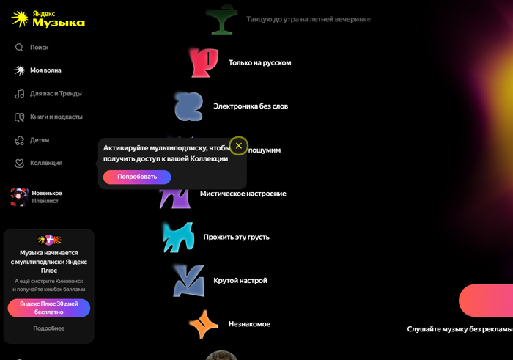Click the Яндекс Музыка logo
coord(48,18)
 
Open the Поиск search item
coord(32,48)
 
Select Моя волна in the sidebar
coord(38,70)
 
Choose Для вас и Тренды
coord(48,94)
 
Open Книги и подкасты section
coord(48,117)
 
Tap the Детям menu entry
coord(32,140)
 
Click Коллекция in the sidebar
coord(38,163)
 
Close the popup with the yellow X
coord(238,146)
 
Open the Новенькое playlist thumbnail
coord(19,197)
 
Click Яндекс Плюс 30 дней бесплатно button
coord(49,308)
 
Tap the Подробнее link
coord(49,328)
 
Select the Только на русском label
coord(259,63)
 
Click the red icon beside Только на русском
coord(204,63)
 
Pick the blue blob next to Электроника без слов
coord(188,106)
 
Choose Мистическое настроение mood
coord(243,194)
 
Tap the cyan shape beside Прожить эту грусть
coord(177,237)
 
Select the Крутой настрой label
coord(240,281)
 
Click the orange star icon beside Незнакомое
coord(204,324)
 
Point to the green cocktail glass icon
coord(222,20)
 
